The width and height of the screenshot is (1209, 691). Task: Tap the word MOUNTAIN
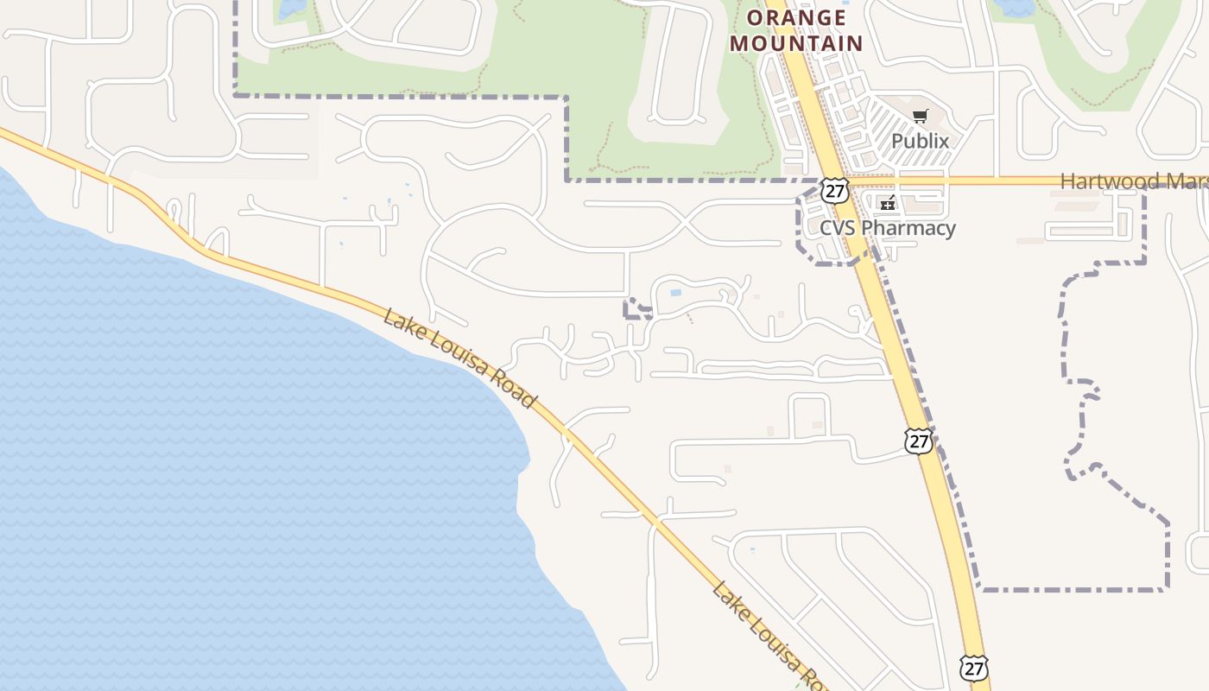click(796, 43)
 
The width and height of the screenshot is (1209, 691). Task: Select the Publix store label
click(920, 141)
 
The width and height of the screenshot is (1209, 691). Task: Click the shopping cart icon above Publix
click(921, 117)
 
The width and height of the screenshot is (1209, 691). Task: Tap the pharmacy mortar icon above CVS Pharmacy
click(888, 204)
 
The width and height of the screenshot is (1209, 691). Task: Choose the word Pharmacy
click(909, 228)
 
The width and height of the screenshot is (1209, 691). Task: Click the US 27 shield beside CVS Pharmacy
click(834, 191)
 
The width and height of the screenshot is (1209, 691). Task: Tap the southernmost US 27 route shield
click(973, 668)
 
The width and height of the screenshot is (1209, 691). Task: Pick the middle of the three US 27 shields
click(918, 441)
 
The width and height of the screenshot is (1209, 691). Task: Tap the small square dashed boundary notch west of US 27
click(636, 308)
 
